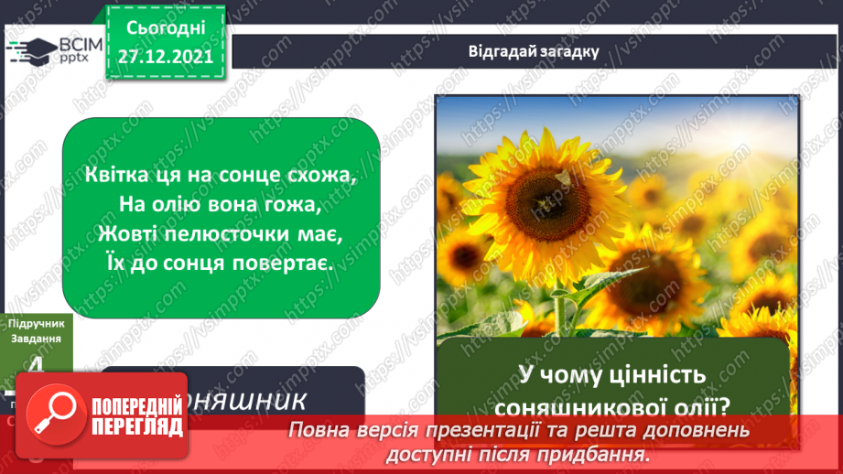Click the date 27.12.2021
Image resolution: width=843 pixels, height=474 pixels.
pyautogui.click(x=165, y=56)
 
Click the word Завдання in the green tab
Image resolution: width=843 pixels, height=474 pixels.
pyautogui.click(x=35, y=338)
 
